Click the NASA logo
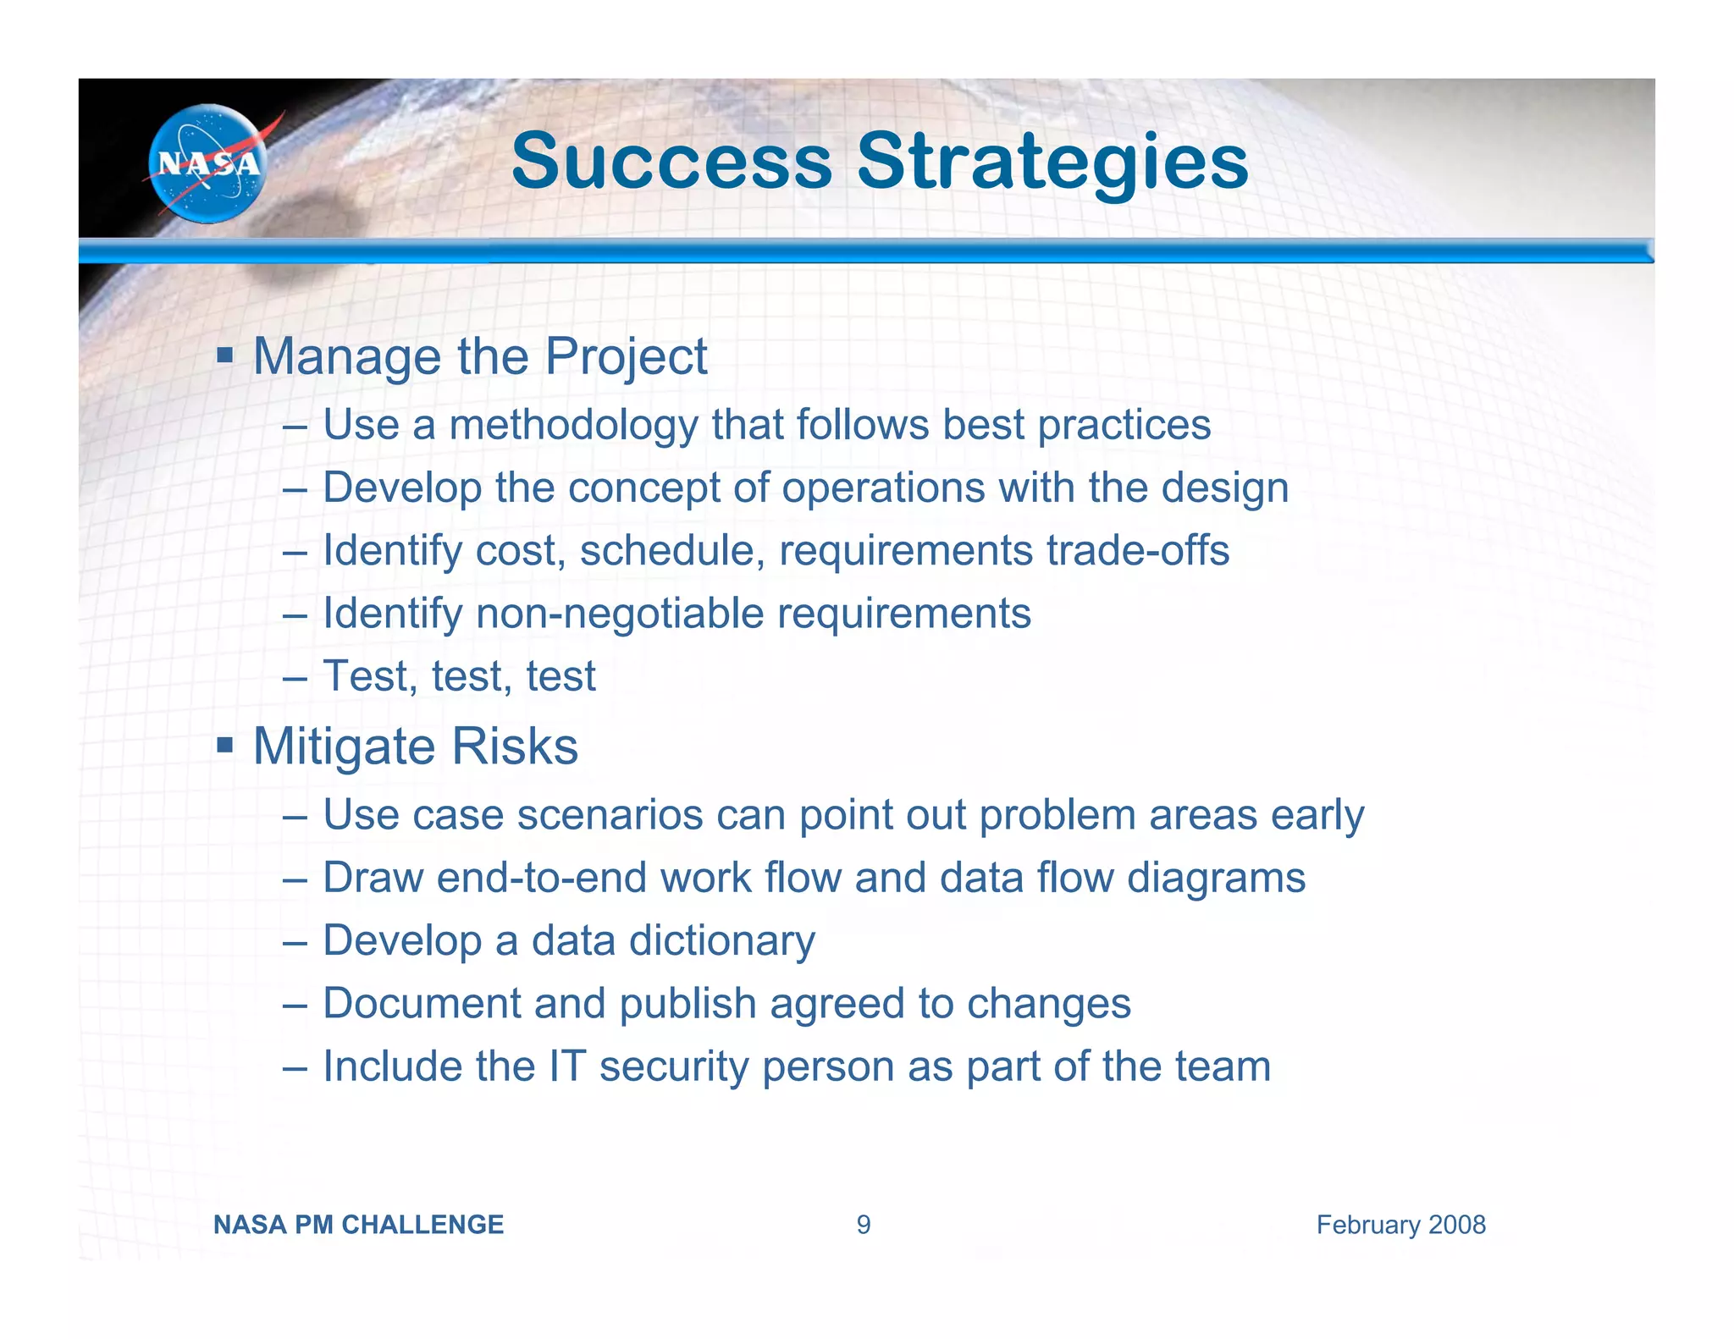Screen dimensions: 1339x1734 [x=207, y=163]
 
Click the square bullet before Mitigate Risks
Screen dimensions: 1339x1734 [x=224, y=745]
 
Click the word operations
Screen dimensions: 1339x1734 [x=883, y=488]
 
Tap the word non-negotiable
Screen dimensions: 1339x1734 [x=620, y=613]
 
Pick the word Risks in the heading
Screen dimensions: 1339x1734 [x=515, y=747]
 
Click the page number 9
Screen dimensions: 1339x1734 [x=863, y=1225]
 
